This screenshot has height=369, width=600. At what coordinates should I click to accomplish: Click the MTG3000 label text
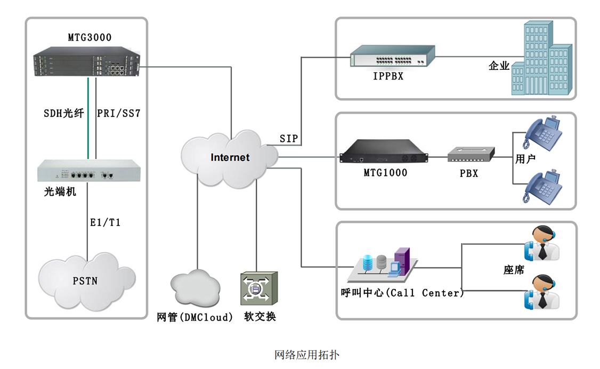coord(90,37)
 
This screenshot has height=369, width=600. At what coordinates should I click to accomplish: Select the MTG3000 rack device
coord(86,62)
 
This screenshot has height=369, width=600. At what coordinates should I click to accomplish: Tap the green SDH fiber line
coord(88,118)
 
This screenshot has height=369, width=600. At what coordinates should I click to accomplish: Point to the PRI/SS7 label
coord(119,113)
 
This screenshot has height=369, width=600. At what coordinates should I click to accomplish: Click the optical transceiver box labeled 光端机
coord(89,171)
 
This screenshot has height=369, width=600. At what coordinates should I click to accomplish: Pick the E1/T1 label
coord(105,222)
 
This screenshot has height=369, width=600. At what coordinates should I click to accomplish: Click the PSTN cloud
coord(87,281)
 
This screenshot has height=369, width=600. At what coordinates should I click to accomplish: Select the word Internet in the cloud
coord(230,157)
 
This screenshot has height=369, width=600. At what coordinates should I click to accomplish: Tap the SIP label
coord(288,139)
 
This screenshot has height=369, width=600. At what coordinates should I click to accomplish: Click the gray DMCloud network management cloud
coord(195,288)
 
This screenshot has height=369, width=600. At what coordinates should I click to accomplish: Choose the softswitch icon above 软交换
coord(259,288)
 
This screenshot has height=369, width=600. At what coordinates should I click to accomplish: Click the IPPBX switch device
coord(393,56)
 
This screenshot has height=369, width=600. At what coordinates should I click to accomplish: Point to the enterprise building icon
coord(542,58)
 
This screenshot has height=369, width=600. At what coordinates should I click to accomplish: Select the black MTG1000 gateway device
coord(384,151)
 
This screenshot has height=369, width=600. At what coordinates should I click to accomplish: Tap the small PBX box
coord(471,154)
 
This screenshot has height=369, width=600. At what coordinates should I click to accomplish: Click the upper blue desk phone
coord(542,132)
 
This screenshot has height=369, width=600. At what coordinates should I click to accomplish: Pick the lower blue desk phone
coord(542,187)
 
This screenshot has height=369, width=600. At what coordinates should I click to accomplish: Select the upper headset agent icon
coord(542,243)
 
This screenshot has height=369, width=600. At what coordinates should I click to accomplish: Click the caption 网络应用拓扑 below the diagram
coord(307,355)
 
